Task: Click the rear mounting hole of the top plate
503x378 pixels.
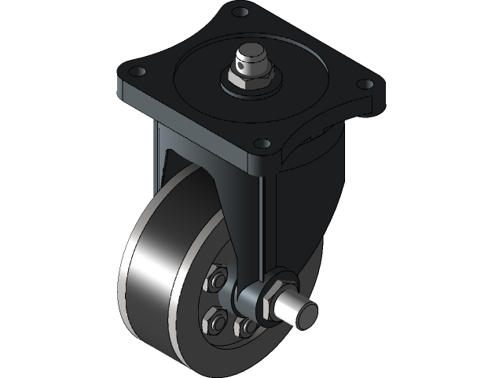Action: [241, 12]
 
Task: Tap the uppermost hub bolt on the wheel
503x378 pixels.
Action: [217, 281]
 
